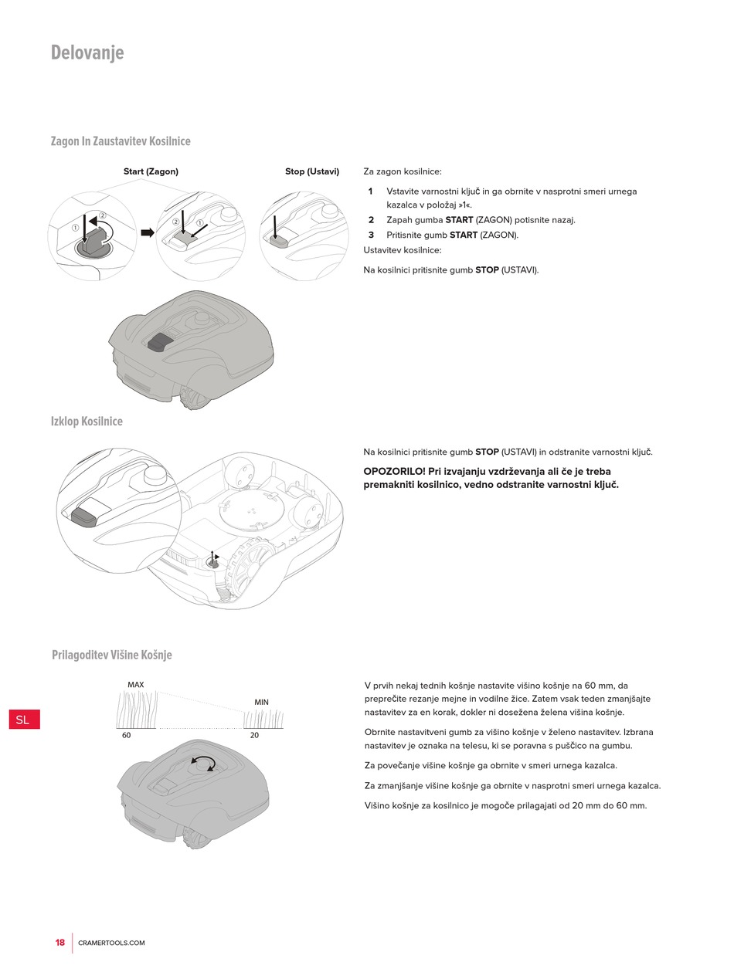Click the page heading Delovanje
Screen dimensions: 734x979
[87, 53]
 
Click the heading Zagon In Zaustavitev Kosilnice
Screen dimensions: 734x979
[121, 141]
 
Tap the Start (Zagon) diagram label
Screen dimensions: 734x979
[151, 171]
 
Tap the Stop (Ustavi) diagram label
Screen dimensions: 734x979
[312, 171]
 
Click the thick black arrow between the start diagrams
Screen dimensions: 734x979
[148, 232]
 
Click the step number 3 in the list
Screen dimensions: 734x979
[371, 235]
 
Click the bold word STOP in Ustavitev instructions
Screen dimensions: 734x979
[487, 270]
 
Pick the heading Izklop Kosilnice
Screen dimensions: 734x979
[87, 422]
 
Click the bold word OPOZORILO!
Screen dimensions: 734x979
[395, 472]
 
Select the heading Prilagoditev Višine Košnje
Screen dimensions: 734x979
[112, 655]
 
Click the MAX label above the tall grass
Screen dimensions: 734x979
[136, 685]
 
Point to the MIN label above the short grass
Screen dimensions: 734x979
[261, 702]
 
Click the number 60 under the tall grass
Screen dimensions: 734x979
[126, 735]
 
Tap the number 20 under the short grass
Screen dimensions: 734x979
[254, 735]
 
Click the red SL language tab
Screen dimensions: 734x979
[25, 720]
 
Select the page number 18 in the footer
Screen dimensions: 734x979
[59, 943]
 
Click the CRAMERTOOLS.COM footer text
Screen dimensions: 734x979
[111, 943]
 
